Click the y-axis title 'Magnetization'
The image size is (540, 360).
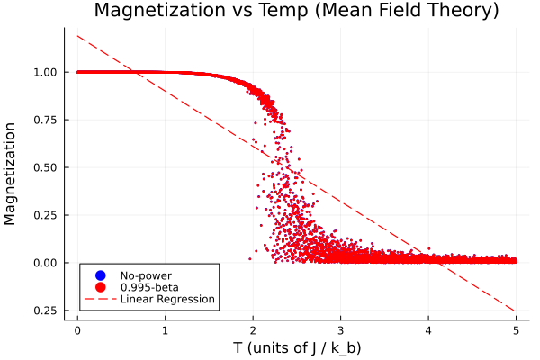click(12, 174)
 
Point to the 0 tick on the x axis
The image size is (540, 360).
click(77, 329)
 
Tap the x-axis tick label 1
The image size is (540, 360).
click(166, 329)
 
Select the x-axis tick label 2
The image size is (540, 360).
click(253, 329)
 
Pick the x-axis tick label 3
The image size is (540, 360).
click(340, 329)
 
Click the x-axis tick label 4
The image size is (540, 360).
click(428, 329)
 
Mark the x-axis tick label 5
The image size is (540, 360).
click(516, 329)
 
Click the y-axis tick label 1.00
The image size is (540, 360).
click(48, 72)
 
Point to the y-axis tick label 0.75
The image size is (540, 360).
click(48, 120)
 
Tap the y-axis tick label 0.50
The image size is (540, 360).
click(48, 167)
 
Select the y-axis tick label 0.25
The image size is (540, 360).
click(48, 215)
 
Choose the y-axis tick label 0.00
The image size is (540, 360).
click(48, 263)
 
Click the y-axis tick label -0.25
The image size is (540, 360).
click(45, 310)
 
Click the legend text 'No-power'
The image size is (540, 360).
click(146, 274)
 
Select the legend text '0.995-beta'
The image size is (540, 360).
click(149, 286)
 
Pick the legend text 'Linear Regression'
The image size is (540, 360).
click(167, 299)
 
